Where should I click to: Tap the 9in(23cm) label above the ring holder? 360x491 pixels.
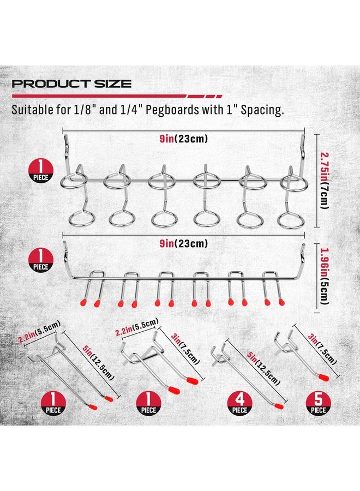pos(184,139)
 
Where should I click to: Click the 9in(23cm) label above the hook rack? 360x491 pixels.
pos(184,243)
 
